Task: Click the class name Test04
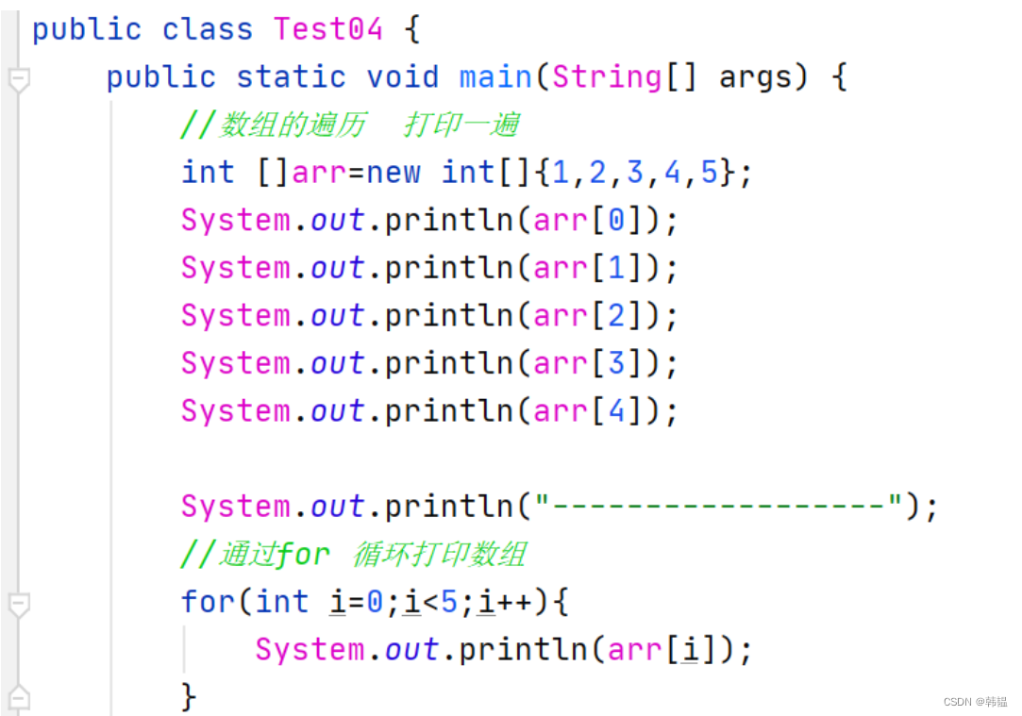click(327, 29)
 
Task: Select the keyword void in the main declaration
click(402, 77)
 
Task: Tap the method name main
click(496, 77)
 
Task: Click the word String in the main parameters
click(608, 77)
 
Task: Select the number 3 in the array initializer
click(634, 173)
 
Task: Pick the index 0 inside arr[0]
click(615, 221)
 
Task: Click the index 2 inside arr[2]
click(615, 316)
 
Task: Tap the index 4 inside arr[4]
click(615, 411)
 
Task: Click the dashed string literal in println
click(719, 507)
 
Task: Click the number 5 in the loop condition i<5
click(449, 602)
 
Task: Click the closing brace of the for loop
click(189, 697)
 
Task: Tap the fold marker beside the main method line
click(18, 80)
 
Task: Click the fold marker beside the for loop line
click(18, 605)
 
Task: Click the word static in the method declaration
click(291, 77)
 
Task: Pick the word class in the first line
click(208, 29)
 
